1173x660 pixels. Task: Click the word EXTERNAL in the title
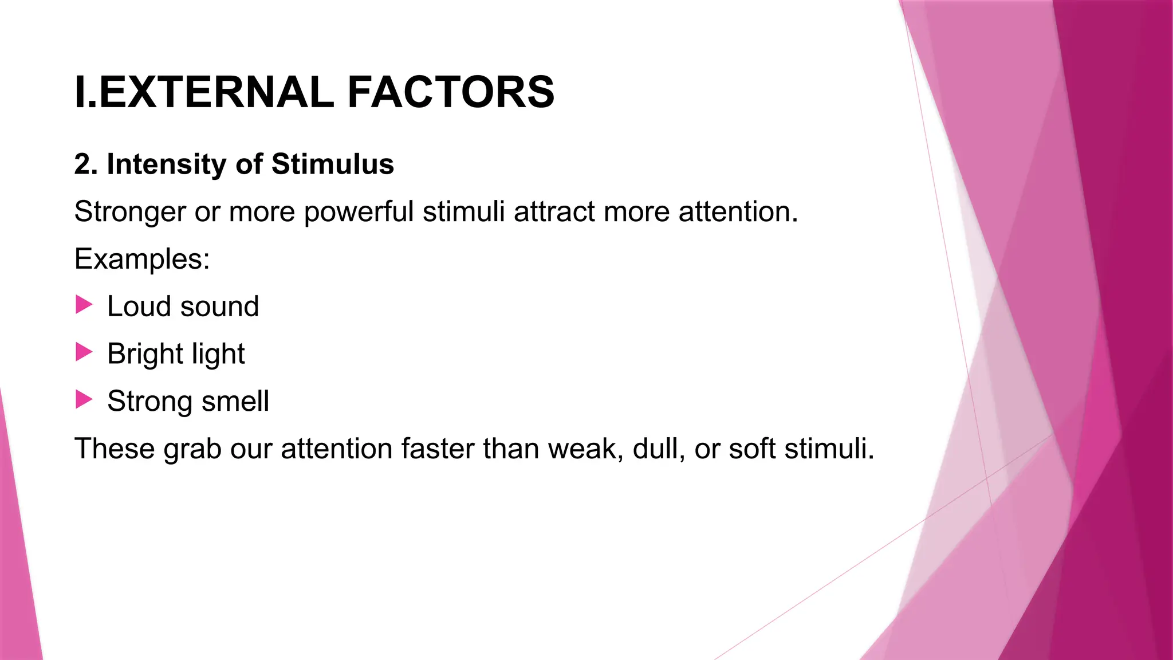click(x=216, y=92)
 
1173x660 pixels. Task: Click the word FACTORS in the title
click(x=451, y=92)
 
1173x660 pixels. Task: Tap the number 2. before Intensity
click(x=86, y=164)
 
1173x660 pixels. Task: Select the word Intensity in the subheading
click(x=167, y=164)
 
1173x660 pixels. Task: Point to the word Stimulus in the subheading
click(x=332, y=164)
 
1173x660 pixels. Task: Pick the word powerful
click(x=359, y=212)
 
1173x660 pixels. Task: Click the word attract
click(x=554, y=212)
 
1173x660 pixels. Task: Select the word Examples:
click(x=142, y=259)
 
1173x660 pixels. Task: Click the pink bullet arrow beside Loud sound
click(x=84, y=305)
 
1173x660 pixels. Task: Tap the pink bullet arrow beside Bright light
click(x=84, y=352)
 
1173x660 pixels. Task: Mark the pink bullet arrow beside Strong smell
click(x=84, y=400)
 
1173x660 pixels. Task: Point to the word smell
click(x=235, y=401)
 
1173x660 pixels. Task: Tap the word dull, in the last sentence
click(x=659, y=449)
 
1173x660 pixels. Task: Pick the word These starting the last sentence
click(x=114, y=449)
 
